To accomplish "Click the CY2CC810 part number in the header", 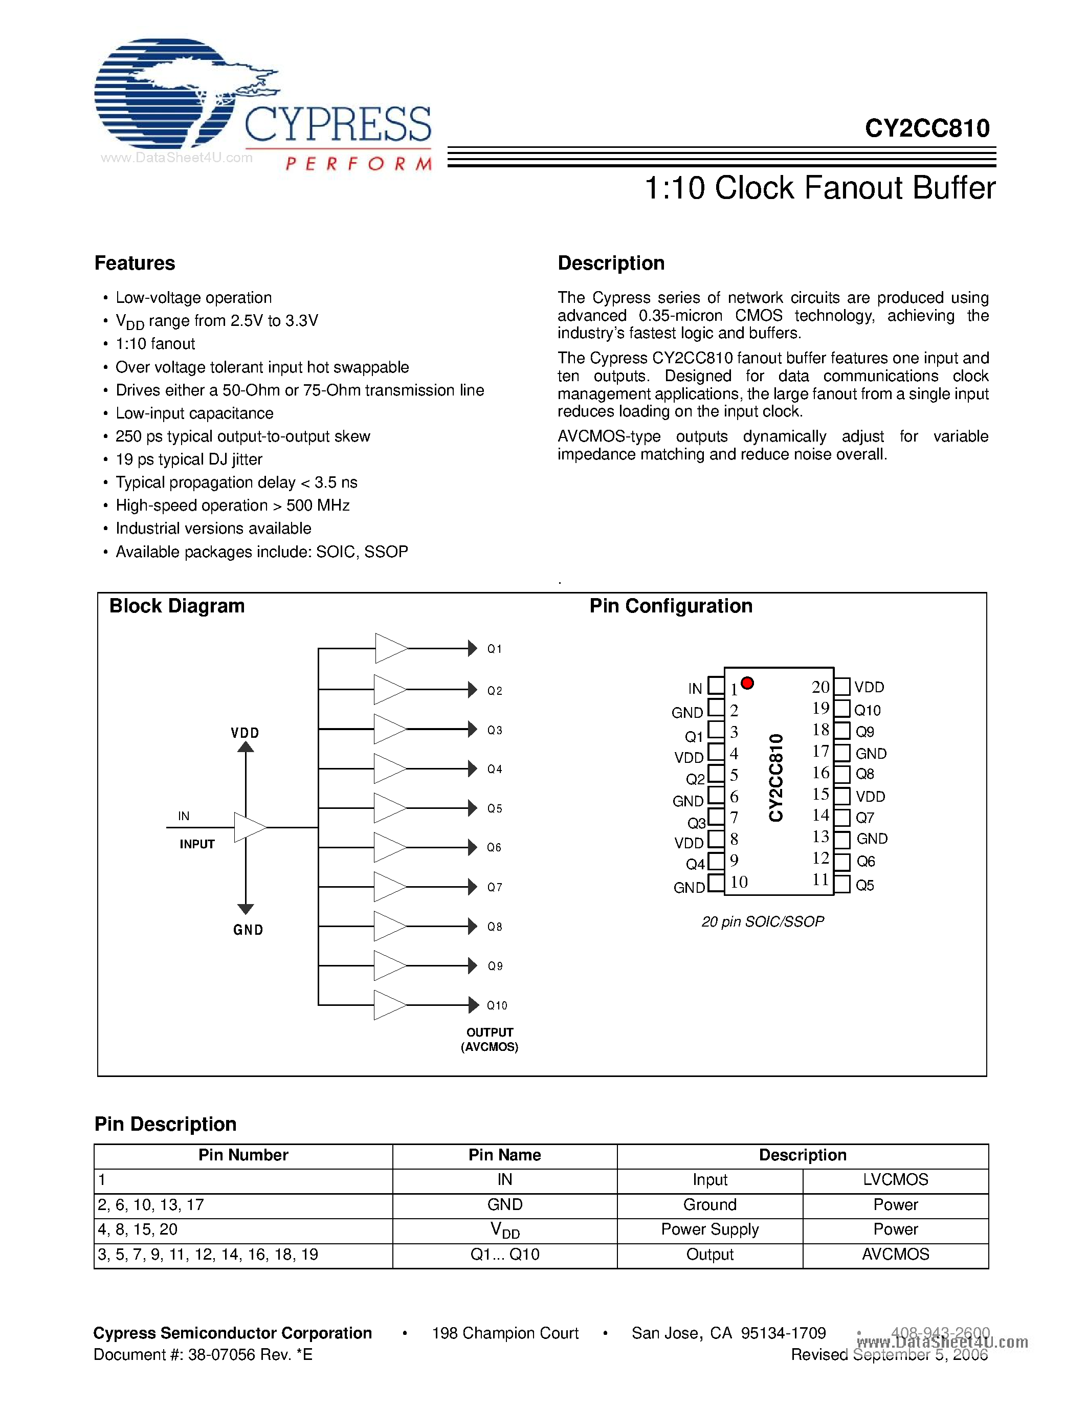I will coord(927,128).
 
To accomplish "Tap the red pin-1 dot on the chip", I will coord(747,683).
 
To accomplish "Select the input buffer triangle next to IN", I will coord(249,827).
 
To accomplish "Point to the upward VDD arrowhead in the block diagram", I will coord(246,748).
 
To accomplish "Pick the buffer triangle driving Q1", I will coord(390,648).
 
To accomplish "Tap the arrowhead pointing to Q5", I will coord(473,808).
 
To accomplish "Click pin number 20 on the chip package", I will coord(820,687).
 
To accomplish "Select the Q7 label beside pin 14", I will coord(865,818).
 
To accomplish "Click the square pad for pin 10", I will coord(716,883).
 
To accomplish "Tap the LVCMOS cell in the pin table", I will coord(895,1180).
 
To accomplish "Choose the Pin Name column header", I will coord(504,1155).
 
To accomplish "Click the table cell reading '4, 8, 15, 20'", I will coord(138,1229).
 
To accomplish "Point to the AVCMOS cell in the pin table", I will coord(895,1255).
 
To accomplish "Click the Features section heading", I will coord(135,263).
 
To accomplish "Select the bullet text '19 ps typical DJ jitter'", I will coord(189,459).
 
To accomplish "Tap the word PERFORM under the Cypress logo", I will coord(358,164).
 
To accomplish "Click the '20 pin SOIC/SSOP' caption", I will coord(763,922).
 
